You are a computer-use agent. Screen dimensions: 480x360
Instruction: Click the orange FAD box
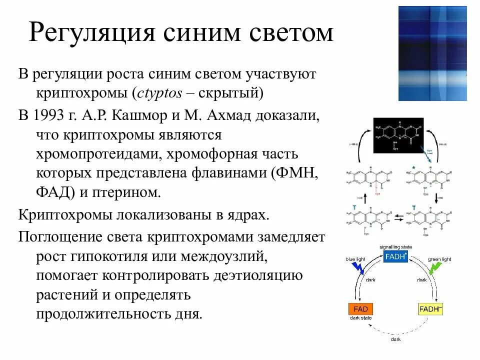[x=360, y=308]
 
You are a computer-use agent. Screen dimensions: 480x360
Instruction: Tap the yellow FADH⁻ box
[x=431, y=308]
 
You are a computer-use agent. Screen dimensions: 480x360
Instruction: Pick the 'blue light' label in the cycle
[x=357, y=259]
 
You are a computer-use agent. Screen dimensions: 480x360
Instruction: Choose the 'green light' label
[x=439, y=259]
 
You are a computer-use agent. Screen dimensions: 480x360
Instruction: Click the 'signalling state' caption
[x=395, y=247]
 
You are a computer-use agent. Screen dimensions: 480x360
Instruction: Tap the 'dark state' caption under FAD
[x=360, y=318]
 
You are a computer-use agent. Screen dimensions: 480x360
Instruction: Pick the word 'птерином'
[x=133, y=192]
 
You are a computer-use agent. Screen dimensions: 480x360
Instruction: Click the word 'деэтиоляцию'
[x=258, y=275]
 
